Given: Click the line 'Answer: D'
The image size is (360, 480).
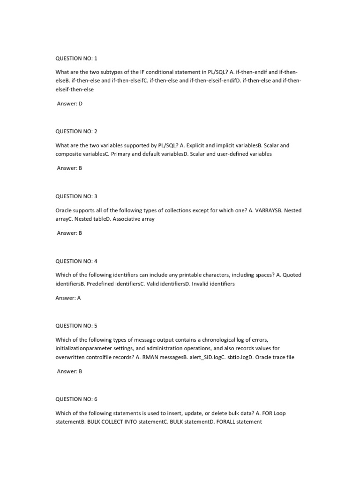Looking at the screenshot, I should tap(69, 104).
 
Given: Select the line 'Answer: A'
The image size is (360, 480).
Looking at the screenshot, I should tap(68, 298).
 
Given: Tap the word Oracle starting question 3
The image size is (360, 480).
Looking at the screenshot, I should tap(64, 210).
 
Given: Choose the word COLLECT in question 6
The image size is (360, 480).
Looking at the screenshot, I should tap(117, 421).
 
